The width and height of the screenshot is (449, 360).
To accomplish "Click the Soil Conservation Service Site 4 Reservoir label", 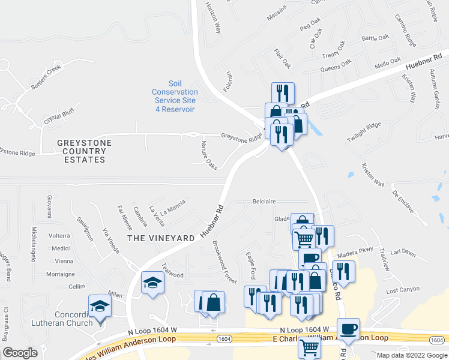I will [x=174, y=97].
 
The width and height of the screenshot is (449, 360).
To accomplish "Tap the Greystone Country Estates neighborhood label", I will [x=85, y=151].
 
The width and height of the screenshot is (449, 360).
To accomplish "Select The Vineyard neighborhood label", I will [x=161, y=238].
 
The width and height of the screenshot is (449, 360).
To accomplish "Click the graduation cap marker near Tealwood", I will [x=152, y=282].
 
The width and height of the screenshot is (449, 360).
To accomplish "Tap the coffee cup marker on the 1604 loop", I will [x=348, y=329].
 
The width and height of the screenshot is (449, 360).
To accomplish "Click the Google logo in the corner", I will [x=20, y=353].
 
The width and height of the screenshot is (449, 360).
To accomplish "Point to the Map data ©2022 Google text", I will [x=411, y=355].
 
